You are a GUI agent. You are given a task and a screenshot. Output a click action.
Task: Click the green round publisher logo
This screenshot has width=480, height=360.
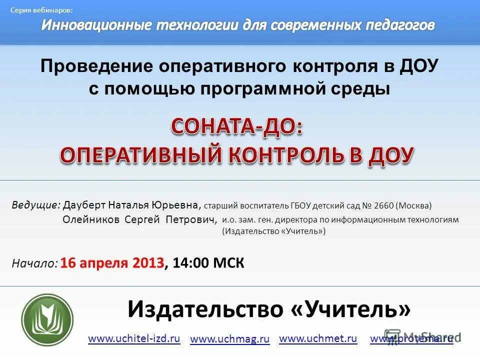47,319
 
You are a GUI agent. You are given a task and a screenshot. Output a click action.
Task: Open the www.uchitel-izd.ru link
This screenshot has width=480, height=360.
134,338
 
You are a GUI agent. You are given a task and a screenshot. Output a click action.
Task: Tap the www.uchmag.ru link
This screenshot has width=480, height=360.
230,339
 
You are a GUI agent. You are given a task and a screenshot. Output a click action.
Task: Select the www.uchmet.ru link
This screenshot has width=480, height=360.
318,338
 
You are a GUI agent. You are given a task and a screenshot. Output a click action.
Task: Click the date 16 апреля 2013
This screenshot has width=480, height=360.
112,263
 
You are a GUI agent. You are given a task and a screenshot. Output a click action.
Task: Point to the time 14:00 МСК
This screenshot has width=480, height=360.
208,263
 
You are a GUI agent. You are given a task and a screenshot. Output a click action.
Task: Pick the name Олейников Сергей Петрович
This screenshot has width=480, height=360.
140,219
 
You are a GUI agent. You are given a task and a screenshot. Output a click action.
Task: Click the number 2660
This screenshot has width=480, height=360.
382,205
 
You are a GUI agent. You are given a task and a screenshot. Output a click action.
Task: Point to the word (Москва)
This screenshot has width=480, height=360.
413,205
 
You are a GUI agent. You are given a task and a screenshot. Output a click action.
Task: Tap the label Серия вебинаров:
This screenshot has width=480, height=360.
41,10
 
